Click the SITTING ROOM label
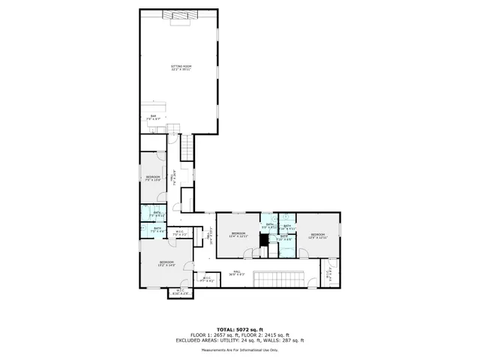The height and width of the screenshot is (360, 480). (180, 67)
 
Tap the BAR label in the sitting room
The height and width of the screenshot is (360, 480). (152, 115)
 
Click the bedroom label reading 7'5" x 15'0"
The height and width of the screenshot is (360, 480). (153, 177)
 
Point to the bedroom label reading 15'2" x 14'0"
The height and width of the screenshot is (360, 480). (166, 263)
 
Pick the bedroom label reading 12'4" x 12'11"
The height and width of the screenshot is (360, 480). (238, 235)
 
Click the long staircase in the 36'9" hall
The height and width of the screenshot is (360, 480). (279, 280)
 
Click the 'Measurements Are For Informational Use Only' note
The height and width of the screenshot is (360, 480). (240, 349)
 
